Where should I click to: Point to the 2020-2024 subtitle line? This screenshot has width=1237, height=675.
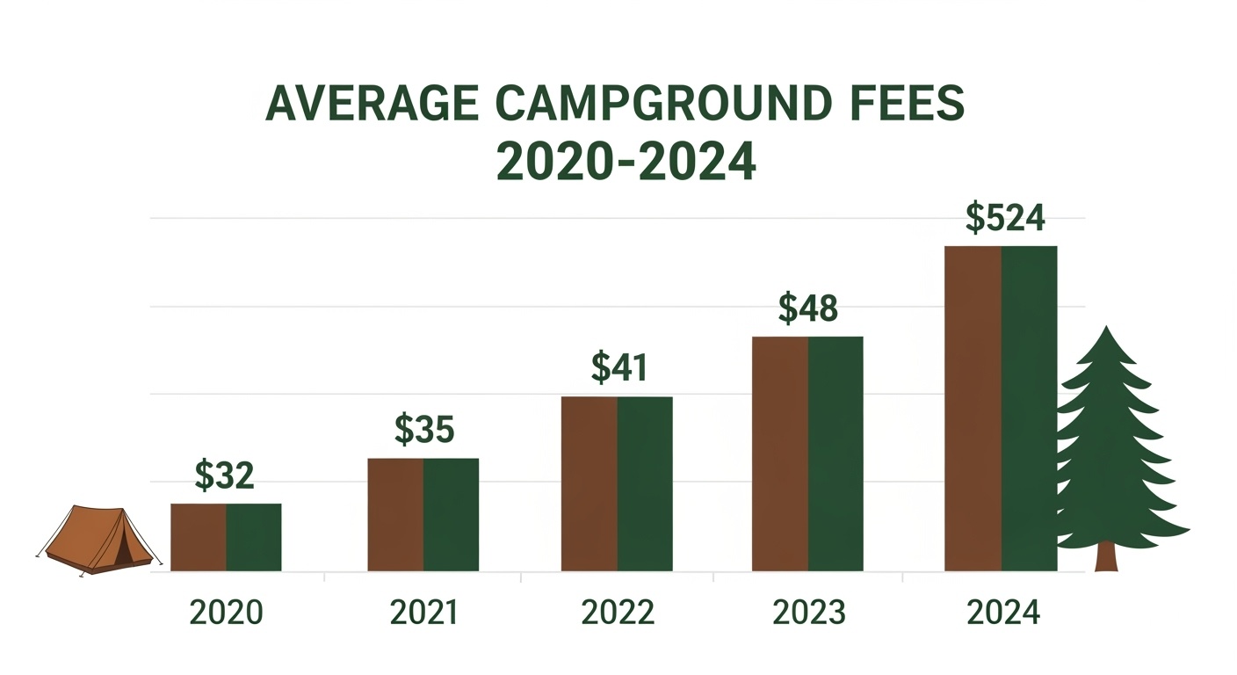pos(626,162)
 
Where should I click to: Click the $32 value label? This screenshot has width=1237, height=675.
pos(224,476)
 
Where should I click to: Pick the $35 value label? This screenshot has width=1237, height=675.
pos(423,430)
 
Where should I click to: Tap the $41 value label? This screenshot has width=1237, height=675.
pos(618,368)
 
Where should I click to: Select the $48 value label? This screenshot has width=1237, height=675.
pos(808,308)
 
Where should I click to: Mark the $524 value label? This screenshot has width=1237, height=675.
pos(1005,219)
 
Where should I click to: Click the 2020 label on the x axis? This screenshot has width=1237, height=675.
pos(227,613)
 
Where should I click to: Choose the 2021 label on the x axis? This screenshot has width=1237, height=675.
pos(423,613)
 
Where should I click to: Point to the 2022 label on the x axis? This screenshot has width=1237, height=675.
pos(618,613)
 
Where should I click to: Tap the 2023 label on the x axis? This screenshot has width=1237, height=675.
pos(808,613)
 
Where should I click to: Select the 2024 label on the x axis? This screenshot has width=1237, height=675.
pos(1002,613)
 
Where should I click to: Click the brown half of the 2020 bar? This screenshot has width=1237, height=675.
pos(199,537)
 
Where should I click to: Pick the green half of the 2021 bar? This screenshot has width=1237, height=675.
pos(451,514)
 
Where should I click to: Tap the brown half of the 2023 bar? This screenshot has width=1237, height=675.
pos(780,454)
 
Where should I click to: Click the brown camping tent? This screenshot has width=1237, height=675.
pos(97,541)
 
